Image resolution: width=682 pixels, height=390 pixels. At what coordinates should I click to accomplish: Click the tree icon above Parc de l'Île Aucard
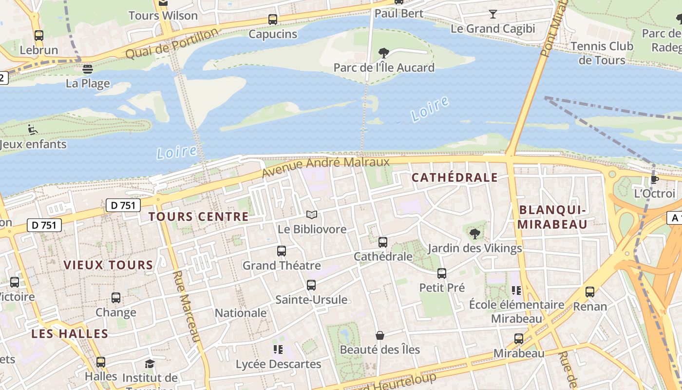tap(384, 53)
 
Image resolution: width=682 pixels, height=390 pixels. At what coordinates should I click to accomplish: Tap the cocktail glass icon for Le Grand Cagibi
tap(493, 14)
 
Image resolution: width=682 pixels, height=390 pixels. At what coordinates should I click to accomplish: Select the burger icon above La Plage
tap(88, 69)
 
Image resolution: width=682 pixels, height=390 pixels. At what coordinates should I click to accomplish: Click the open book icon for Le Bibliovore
tap(312, 214)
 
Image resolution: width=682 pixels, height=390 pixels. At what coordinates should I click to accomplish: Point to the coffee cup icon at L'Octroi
tap(655, 179)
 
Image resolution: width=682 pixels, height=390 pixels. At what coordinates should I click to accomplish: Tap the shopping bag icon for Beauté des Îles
tap(380, 335)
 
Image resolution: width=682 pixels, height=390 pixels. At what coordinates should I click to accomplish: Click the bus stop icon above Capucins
tap(273, 19)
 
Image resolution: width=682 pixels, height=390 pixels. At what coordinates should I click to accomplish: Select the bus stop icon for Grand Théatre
tap(282, 251)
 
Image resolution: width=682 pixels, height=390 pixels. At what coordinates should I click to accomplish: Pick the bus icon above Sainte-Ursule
tap(311, 285)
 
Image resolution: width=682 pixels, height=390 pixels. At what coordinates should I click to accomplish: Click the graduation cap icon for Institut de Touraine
tap(150, 364)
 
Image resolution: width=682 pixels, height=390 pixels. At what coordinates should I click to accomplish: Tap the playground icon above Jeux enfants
tap(33, 130)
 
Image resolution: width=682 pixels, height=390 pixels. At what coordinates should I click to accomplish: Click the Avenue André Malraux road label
tap(325, 166)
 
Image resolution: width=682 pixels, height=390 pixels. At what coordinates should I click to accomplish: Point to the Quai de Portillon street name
tap(172, 43)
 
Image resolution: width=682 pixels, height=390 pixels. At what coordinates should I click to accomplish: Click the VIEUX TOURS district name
tap(108, 265)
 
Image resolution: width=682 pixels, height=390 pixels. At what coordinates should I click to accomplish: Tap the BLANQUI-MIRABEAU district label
tap(552, 217)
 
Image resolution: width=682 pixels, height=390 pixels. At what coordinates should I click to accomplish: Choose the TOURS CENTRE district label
tap(198, 216)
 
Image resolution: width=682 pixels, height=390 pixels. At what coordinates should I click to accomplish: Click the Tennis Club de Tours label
tap(602, 53)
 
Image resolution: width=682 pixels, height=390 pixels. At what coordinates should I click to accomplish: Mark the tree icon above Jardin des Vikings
tap(475, 234)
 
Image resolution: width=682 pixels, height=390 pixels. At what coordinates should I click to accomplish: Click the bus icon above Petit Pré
tap(442, 273)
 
